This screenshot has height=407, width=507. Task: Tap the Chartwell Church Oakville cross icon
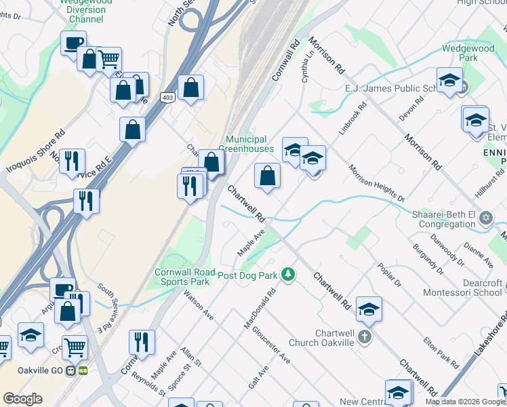[364, 336]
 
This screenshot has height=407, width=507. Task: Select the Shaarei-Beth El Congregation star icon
[485, 218]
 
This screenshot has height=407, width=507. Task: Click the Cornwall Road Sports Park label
[182, 276]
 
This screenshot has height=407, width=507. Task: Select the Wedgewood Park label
[469, 53]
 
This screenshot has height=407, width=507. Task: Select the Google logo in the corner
[22, 399]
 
